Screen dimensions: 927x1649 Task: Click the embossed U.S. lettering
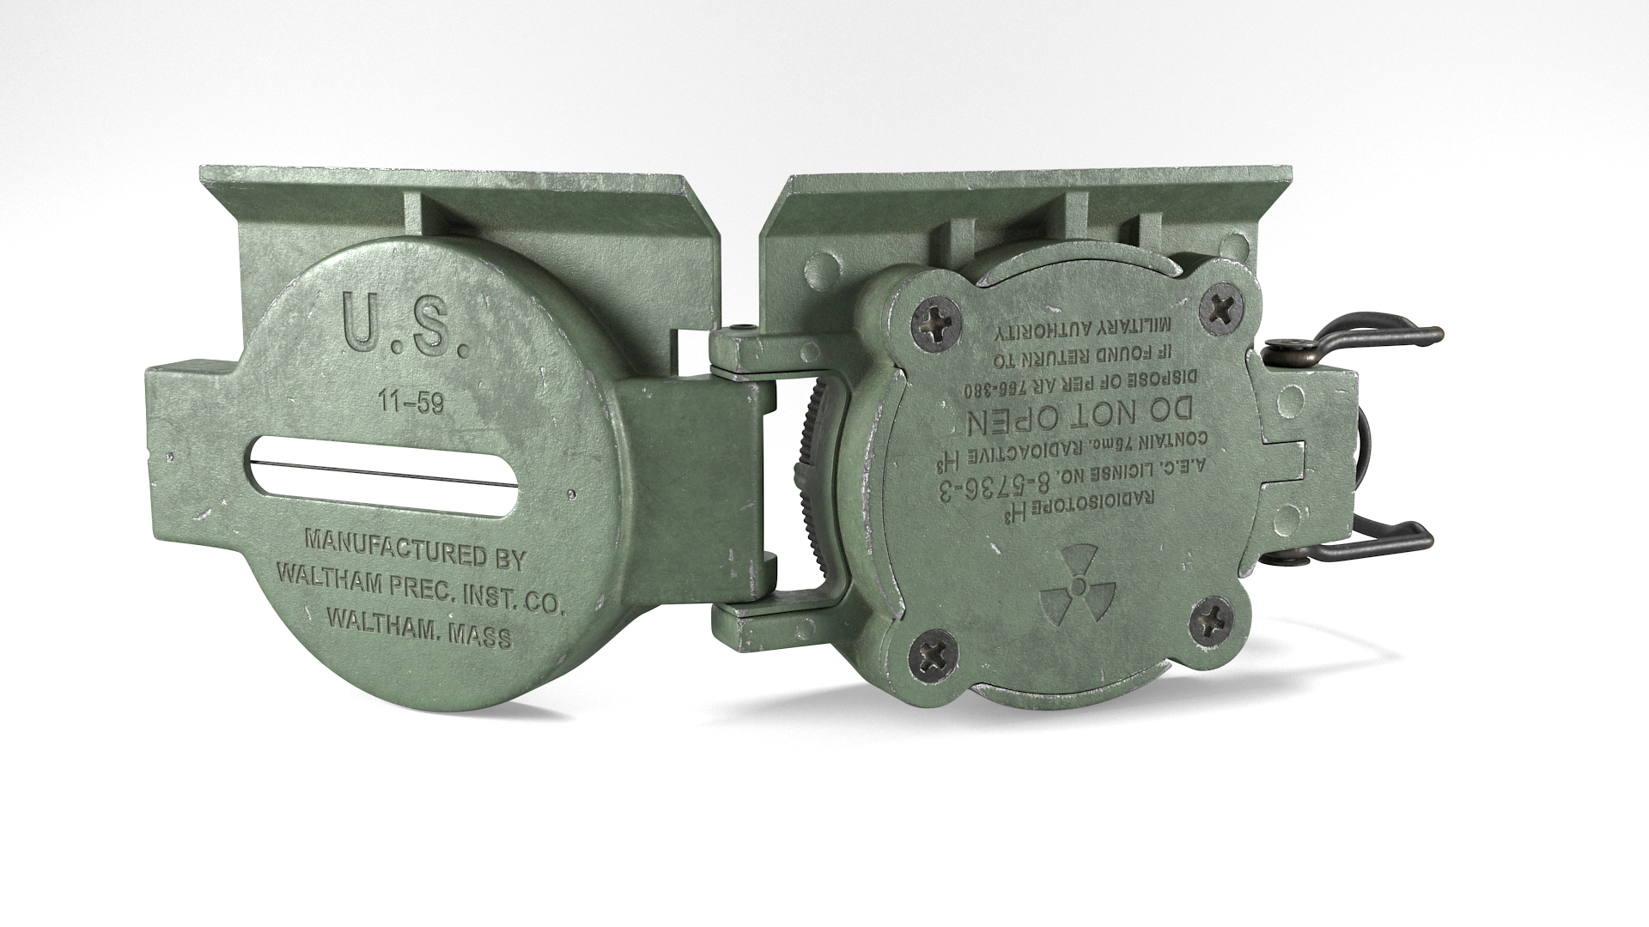pyautogui.click(x=404, y=325)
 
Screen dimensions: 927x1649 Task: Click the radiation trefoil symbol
pyautogui.click(x=1077, y=590)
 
